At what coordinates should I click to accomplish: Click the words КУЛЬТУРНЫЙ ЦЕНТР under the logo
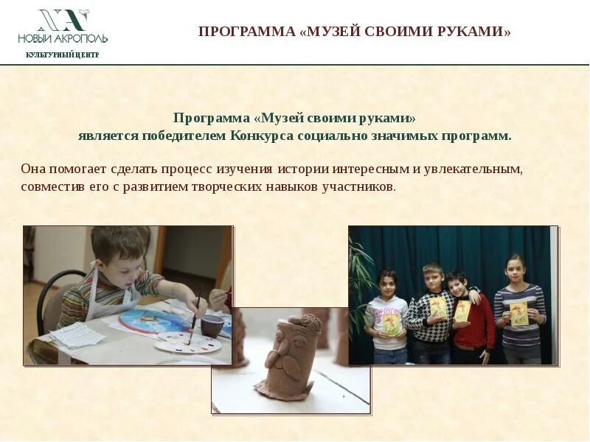coord(62,55)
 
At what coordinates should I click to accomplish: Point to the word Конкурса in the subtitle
coord(262,136)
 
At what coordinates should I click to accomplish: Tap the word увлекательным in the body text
coord(479,169)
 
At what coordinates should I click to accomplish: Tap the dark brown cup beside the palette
coord(212,325)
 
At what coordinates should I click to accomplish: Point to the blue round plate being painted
coord(151,320)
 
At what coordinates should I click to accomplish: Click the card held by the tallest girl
coord(519,313)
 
